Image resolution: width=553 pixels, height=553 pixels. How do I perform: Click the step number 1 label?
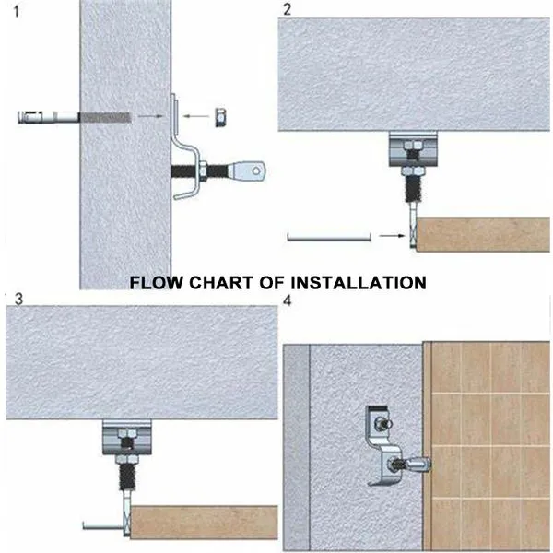point(16,12)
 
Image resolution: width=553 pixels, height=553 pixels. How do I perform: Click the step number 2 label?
point(288,9)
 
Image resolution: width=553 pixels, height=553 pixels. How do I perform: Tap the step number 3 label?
point(18,299)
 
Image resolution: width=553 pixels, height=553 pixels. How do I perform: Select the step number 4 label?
point(288,300)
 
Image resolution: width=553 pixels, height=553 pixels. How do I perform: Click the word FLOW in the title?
point(157,283)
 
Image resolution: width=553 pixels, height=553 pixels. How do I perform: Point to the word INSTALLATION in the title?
point(359,283)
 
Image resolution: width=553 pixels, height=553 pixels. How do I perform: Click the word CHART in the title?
point(221,283)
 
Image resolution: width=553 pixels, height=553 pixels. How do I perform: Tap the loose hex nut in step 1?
point(221,117)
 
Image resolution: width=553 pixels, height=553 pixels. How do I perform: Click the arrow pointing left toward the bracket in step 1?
point(196,116)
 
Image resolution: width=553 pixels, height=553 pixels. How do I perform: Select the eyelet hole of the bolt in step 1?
point(256,171)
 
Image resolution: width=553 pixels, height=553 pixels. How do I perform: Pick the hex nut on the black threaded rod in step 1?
point(203,171)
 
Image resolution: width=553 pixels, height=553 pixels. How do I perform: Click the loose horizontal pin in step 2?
point(329,238)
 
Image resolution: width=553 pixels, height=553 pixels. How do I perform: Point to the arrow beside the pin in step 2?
point(392,235)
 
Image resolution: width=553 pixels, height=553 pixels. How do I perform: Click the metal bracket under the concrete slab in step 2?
point(413,148)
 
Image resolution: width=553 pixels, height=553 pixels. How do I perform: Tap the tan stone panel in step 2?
point(483,234)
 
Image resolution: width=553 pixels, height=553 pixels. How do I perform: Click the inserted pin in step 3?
point(104,526)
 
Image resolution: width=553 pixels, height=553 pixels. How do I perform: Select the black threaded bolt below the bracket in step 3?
point(127,477)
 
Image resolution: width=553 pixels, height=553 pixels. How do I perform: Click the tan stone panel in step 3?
point(204,523)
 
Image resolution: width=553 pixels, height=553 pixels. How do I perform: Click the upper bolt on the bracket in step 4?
point(382,422)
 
